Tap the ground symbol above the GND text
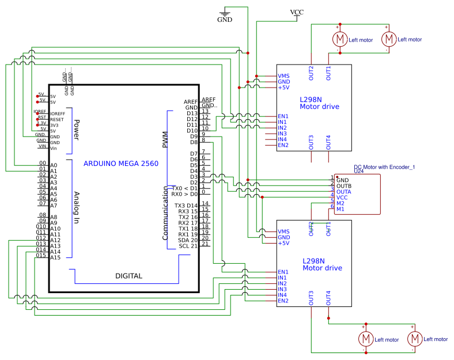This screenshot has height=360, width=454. [225, 11]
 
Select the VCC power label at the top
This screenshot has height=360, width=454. [297, 12]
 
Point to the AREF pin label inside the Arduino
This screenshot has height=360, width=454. [191, 101]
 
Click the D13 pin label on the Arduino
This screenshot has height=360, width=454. [192, 113]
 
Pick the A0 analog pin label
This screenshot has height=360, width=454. [54, 165]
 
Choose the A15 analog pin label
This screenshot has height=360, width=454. [55, 257]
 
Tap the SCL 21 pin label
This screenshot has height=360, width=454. [188, 246]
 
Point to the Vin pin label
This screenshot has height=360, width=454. [54, 148]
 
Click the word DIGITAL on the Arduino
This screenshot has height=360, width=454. [128, 276]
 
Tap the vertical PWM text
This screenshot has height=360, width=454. [165, 139]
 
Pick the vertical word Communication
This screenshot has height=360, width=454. [165, 217]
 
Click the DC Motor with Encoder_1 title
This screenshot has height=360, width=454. [384, 167]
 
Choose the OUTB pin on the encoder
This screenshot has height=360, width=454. [344, 186]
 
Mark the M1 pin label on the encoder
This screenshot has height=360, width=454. [340, 209]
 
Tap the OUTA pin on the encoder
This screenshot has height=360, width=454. [344, 192]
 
